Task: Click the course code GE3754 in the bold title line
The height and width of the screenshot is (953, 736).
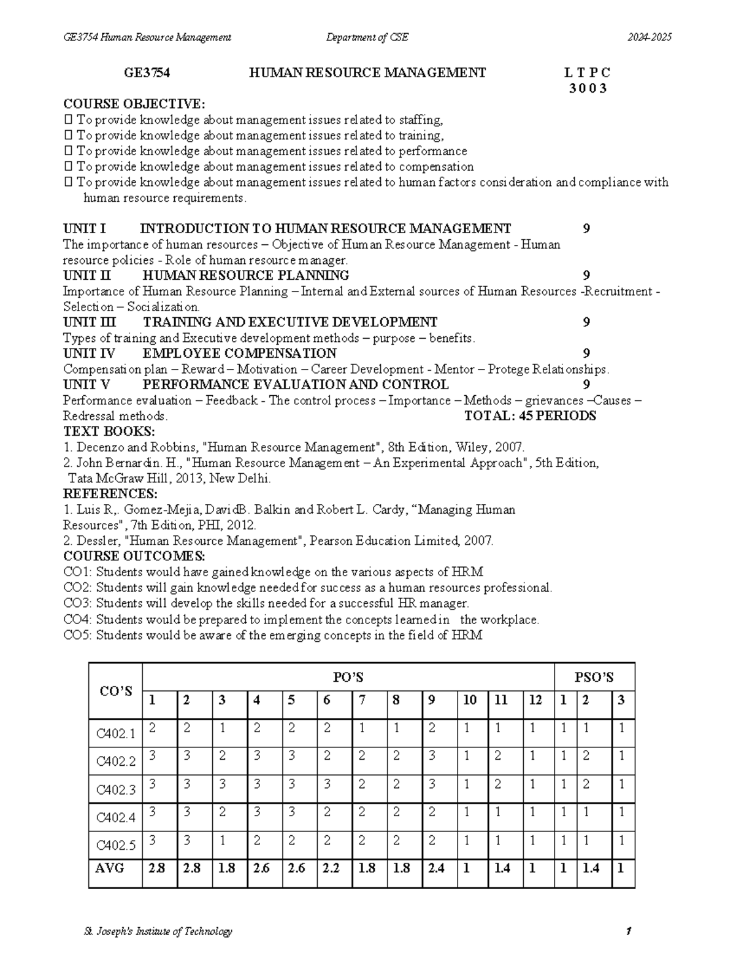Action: pyautogui.click(x=147, y=73)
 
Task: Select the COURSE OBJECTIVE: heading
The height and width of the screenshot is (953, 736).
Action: pyautogui.click(x=135, y=104)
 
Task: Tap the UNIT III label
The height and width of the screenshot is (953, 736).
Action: pyautogui.click(x=90, y=322)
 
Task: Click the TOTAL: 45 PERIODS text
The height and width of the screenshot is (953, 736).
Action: pyautogui.click(x=531, y=416)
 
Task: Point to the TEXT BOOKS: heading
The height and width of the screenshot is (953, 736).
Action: pyautogui.click(x=109, y=431)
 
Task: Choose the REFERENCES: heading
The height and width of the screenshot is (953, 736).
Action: pyautogui.click(x=110, y=494)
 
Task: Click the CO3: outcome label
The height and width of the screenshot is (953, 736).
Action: pyautogui.click(x=78, y=603)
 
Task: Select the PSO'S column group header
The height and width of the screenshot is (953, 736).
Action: pyautogui.click(x=594, y=677)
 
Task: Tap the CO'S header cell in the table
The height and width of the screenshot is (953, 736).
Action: pyautogui.click(x=116, y=691)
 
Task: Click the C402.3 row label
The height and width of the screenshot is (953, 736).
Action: pyautogui.click(x=116, y=790)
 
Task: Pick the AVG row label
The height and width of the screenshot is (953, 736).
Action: pyautogui.click(x=110, y=868)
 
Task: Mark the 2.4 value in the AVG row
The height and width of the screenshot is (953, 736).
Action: pyautogui.click(x=436, y=868)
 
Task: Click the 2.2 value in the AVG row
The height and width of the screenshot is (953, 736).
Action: pyautogui.click(x=331, y=868)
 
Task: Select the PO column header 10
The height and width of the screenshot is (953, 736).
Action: pyautogui.click(x=470, y=700)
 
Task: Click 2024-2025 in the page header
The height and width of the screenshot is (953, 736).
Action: pyautogui.click(x=649, y=37)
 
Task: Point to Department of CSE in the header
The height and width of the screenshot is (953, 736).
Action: pyautogui.click(x=367, y=37)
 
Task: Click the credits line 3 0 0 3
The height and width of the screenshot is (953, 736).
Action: pyautogui.click(x=588, y=88)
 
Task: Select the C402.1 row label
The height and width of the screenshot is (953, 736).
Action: pyautogui.click(x=116, y=733)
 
